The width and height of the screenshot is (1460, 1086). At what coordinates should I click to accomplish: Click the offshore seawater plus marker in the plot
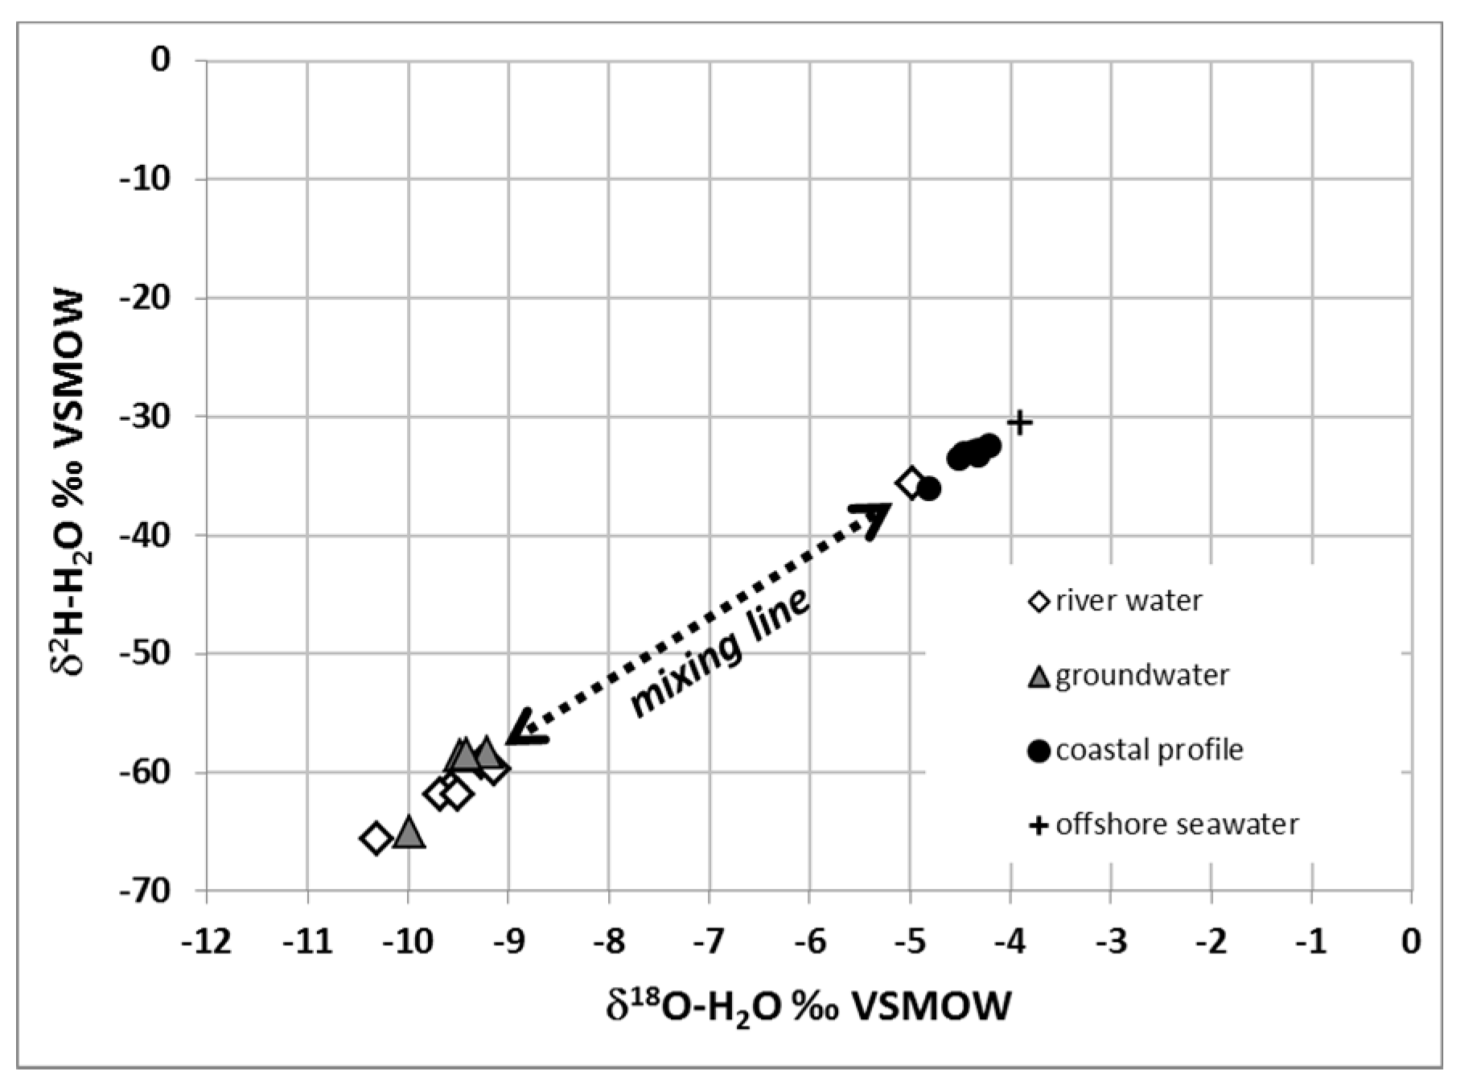tap(1020, 422)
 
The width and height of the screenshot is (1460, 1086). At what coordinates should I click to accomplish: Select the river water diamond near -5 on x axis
tap(911, 483)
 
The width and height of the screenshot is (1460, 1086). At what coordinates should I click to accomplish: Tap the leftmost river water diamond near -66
tap(376, 838)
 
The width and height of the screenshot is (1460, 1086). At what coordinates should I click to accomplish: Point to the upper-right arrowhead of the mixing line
tap(877, 516)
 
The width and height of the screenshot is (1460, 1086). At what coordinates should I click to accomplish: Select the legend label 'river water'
tap(1128, 600)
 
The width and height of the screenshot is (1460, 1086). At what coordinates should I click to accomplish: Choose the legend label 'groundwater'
tap(1141, 675)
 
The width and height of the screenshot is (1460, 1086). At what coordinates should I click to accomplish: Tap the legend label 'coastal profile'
tap(1149, 750)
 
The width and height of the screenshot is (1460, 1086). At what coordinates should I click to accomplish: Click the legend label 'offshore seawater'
tap(1176, 825)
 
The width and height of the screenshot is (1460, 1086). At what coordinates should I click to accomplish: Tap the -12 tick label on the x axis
tap(207, 940)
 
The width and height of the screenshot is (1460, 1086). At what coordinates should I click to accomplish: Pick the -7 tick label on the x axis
tap(709, 940)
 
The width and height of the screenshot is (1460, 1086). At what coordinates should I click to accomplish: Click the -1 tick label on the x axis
tap(1312, 940)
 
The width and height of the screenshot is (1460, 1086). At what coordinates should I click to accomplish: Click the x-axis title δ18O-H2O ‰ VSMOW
tap(808, 1006)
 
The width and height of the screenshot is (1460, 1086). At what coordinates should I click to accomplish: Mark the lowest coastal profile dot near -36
tap(928, 488)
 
